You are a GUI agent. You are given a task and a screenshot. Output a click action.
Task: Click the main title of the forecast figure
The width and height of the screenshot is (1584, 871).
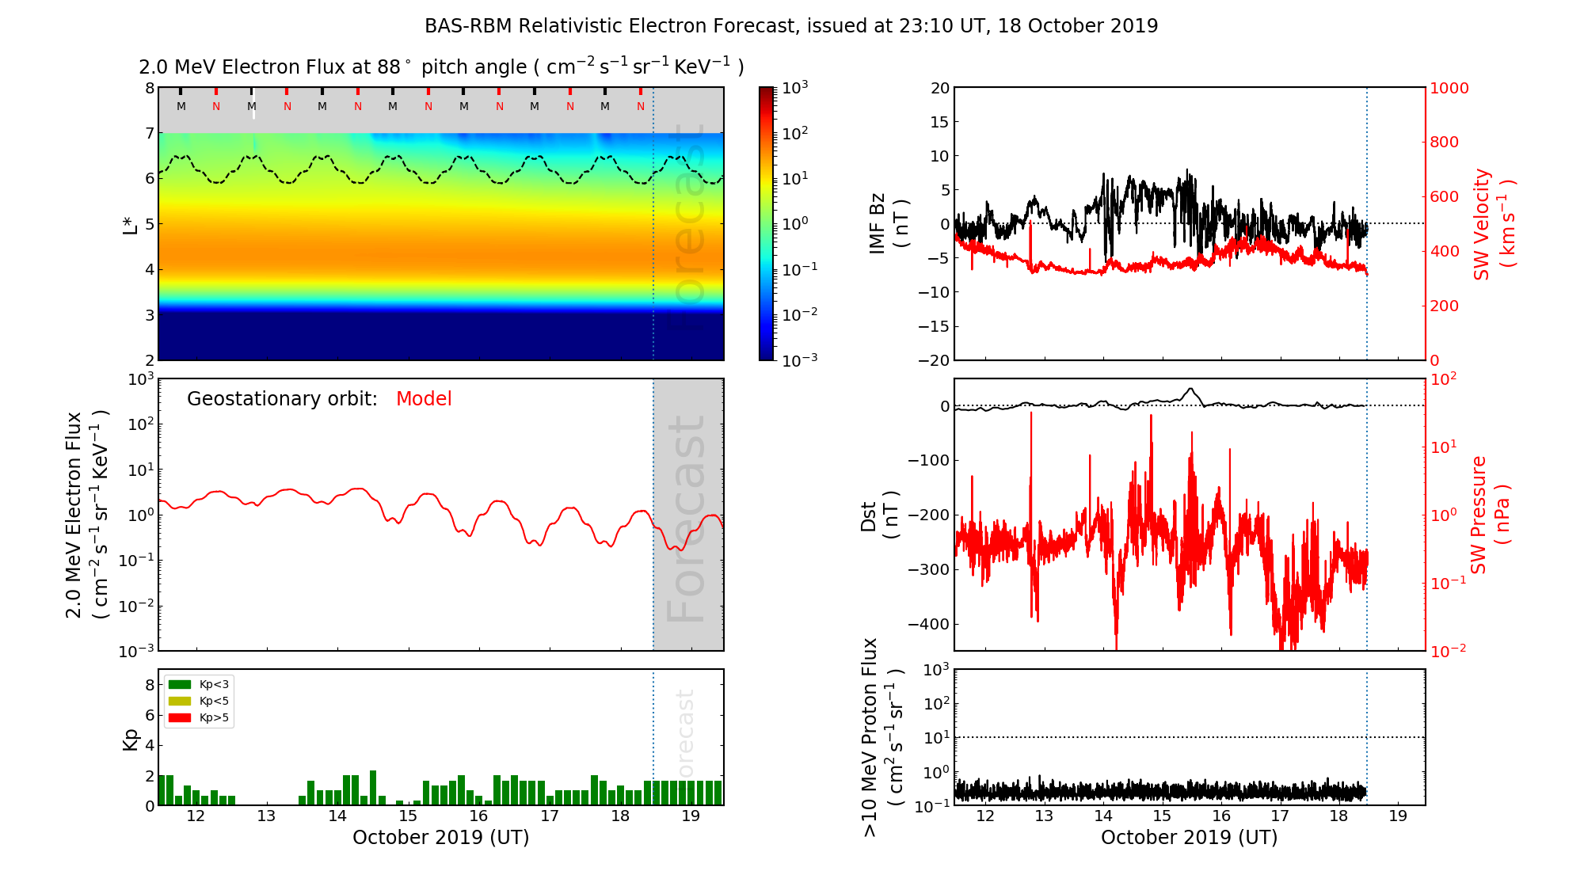pyautogui.click(x=791, y=26)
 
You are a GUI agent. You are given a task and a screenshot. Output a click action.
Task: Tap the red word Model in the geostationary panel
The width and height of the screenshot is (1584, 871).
pyautogui.click(x=424, y=399)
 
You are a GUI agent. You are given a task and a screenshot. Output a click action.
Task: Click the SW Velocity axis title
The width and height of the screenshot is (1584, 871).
pyautogui.click(x=1493, y=224)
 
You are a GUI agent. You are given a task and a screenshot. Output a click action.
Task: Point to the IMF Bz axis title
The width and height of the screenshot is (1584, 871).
pyautogui.click(x=888, y=224)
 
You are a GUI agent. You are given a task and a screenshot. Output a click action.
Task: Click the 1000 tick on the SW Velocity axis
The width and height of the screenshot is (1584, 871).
pyautogui.click(x=1449, y=89)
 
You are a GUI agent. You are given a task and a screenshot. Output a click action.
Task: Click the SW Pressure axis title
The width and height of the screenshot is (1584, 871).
pyautogui.click(x=1490, y=515)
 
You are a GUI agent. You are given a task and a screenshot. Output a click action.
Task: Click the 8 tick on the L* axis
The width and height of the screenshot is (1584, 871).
pyautogui.click(x=149, y=89)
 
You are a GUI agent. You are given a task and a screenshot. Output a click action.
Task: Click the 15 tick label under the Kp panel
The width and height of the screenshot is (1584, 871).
pyautogui.click(x=408, y=816)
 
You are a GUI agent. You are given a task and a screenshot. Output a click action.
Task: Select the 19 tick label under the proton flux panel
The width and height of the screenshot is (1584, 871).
pyautogui.click(x=1398, y=816)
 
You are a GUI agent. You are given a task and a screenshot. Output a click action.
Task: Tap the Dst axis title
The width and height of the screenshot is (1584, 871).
pyautogui.click(x=879, y=515)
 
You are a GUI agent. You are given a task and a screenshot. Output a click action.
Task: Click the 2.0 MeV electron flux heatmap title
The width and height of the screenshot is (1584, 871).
pyautogui.click(x=441, y=67)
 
